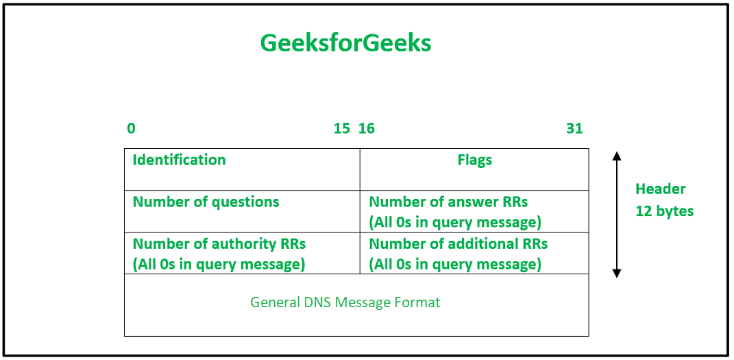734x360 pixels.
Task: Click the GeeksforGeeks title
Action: click(x=345, y=43)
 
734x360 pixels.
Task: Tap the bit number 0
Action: click(x=131, y=128)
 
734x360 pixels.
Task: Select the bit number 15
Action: click(x=342, y=128)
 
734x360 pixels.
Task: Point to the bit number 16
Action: click(x=367, y=128)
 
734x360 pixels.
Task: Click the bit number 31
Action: click(x=574, y=128)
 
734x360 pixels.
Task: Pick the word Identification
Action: click(x=180, y=160)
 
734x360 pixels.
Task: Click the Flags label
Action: click(x=475, y=160)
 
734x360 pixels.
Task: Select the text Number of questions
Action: click(x=206, y=202)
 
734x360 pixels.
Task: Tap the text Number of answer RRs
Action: click(x=448, y=202)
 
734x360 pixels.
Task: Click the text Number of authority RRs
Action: click(x=219, y=244)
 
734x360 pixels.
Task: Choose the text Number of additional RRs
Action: click(x=458, y=244)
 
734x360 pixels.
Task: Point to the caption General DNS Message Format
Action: click(x=345, y=302)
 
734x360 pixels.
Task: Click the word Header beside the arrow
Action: click(x=661, y=189)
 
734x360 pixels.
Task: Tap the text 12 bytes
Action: click(x=664, y=211)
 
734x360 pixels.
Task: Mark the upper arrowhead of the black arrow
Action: click(x=617, y=156)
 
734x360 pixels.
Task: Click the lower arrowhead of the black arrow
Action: click(x=617, y=274)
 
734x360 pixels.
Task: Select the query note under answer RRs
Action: click(x=455, y=223)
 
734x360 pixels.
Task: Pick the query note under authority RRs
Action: click(x=219, y=265)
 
